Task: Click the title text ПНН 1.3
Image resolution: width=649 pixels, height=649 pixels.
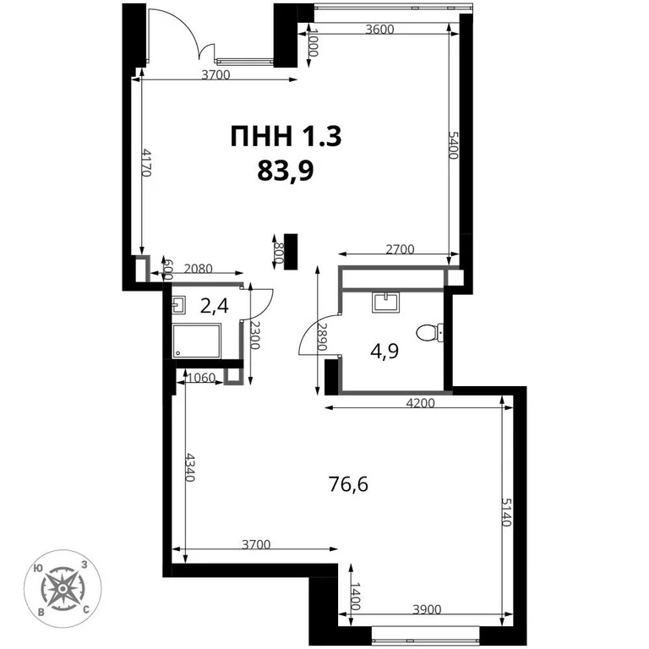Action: click(286, 136)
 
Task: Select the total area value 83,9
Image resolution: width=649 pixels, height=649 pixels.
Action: click(286, 172)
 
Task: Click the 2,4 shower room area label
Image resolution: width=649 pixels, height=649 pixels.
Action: click(215, 305)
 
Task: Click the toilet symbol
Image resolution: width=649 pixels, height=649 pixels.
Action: click(431, 332)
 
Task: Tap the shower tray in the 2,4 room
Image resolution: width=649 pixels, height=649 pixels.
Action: click(197, 340)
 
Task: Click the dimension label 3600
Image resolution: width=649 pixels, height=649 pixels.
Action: click(379, 29)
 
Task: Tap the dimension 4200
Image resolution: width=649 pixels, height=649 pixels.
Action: click(420, 402)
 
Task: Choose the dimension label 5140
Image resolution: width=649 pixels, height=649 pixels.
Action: click(507, 510)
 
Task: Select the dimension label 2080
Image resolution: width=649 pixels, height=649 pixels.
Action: click(197, 269)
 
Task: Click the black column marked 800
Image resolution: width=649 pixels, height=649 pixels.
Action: click(291, 251)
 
